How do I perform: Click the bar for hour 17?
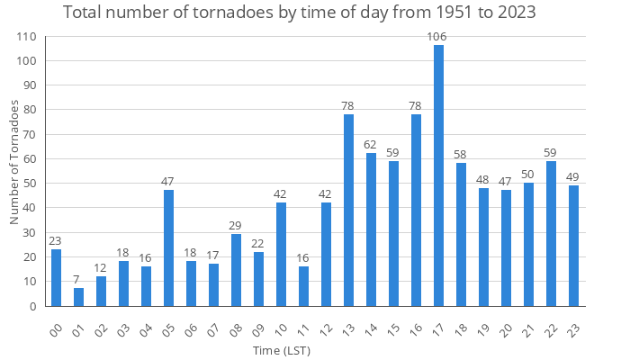[438, 175]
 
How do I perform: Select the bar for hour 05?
[168, 247]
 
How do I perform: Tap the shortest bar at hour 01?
[78, 297]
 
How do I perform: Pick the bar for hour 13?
[348, 210]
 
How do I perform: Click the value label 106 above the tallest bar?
[438, 36]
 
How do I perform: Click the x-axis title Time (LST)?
[280, 350]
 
